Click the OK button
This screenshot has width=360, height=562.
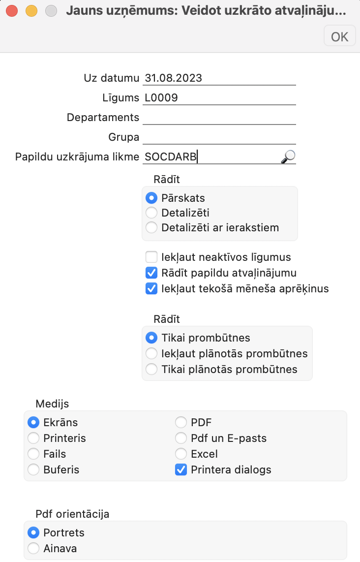(x=339, y=36)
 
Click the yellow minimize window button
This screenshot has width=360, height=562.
(x=31, y=10)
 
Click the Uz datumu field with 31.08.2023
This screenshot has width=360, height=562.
(x=219, y=78)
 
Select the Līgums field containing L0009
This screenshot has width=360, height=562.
(x=219, y=97)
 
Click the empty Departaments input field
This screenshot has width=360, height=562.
(x=219, y=117)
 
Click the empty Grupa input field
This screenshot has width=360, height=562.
(x=219, y=137)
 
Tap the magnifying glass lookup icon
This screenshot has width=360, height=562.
(x=288, y=156)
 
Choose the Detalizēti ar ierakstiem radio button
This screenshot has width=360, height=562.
(x=152, y=227)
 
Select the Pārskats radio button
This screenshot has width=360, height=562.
(x=152, y=198)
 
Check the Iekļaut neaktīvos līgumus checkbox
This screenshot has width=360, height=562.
(x=152, y=257)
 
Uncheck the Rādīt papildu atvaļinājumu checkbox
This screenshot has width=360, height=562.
(x=152, y=273)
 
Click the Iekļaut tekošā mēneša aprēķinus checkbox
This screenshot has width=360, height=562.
(x=152, y=288)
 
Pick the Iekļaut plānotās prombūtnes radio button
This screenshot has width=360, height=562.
(x=152, y=353)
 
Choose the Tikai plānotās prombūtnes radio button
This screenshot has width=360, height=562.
(x=152, y=369)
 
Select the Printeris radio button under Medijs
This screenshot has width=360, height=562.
(x=34, y=438)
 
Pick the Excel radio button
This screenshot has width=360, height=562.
(x=181, y=454)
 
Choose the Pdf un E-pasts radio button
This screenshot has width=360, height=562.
(x=181, y=438)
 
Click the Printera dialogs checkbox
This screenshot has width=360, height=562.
(x=181, y=469)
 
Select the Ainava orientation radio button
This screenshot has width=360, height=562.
(x=34, y=548)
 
